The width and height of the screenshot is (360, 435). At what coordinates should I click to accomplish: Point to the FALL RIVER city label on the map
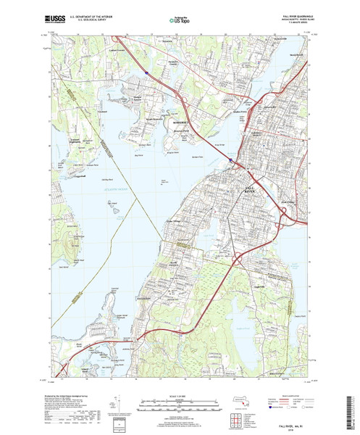pyautogui.click(x=248, y=188)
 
